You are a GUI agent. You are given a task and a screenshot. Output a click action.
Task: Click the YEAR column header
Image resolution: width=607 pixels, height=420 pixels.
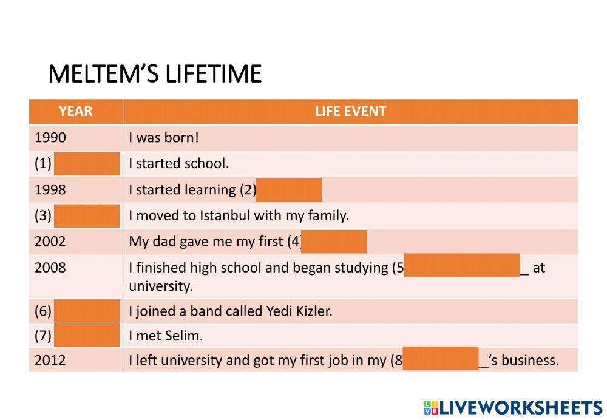click(75, 112)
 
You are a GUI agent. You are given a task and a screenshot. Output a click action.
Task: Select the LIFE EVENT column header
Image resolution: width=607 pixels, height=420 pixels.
click(351, 112)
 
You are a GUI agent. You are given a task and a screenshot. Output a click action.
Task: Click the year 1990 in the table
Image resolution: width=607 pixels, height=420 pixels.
click(50, 137)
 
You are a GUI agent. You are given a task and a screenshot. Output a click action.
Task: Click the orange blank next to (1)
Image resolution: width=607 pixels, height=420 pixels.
click(87, 164)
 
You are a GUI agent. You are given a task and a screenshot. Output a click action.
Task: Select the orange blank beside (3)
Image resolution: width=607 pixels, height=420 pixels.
click(87, 216)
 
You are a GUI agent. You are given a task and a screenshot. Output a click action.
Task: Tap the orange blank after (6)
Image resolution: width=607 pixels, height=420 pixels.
click(87, 311)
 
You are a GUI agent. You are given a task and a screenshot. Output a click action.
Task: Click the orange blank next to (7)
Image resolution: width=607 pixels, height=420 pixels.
click(87, 335)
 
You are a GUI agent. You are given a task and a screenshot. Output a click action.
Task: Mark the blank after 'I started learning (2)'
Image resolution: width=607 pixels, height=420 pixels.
click(289, 190)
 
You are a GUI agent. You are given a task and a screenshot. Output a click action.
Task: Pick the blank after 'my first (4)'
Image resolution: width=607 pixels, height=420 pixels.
click(334, 242)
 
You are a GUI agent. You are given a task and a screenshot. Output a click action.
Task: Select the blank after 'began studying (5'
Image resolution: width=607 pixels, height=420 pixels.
click(462, 265)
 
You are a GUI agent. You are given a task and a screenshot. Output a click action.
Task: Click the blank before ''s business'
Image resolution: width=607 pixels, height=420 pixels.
click(441, 358)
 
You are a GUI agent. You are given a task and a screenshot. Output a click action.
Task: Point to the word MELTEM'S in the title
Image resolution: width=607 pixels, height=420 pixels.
click(103, 73)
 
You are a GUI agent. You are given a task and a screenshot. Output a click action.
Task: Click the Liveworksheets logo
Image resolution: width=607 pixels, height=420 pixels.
click(513, 408)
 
